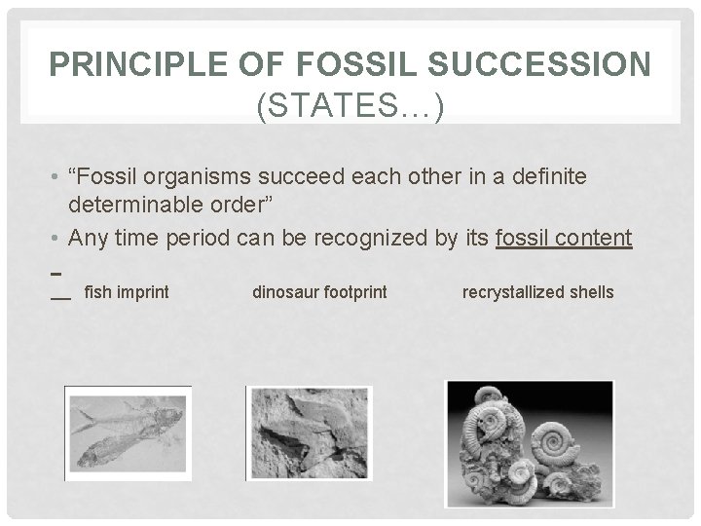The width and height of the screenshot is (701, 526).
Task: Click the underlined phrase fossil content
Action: (x=564, y=238)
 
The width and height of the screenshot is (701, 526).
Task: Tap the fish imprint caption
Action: (x=127, y=291)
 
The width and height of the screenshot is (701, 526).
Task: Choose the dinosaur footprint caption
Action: (x=319, y=291)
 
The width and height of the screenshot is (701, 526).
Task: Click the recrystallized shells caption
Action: (x=538, y=291)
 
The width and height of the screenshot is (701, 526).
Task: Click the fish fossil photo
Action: (x=128, y=433)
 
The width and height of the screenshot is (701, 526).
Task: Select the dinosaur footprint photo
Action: (x=309, y=433)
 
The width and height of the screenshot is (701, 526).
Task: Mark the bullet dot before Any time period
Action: (x=60, y=239)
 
